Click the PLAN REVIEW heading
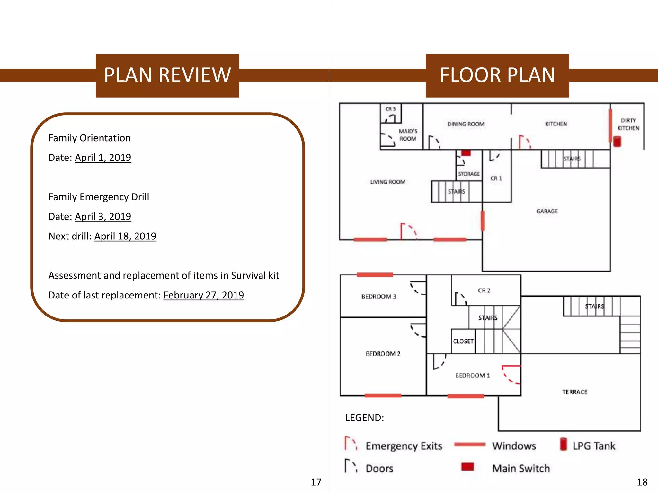click(x=167, y=75)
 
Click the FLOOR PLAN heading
click(x=497, y=75)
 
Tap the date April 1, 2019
click(x=103, y=158)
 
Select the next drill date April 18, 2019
click(x=125, y=236)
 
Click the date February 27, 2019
click(x=203, y=295)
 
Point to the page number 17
click(x=316, y=482)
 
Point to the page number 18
click(x=642, y=482)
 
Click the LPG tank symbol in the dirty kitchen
click(x=617, y=141)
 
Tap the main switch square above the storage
click(x=466, y=153)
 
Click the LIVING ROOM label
click(x=388, y=182)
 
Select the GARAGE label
click(x=547, y=211)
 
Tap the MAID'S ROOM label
click(x=408, y=135)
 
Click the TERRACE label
click(x=574, y=392)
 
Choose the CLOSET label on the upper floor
click(x=463, y=342)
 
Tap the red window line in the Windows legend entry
click(x=470, y=445)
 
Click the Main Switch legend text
click(x=521, y=469)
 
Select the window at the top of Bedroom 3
click(x=375, y=275)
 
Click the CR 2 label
click(x=484, y=290)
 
